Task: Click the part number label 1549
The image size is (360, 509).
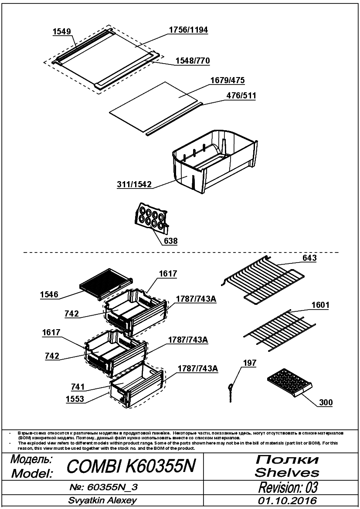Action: [62, 31]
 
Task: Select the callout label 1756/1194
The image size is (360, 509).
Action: [188, 30]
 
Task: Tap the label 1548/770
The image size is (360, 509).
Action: [193, 61]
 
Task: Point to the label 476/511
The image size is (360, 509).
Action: [241, 96]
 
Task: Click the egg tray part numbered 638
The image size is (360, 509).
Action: [151, 218]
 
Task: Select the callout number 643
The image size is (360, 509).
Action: [309, 258]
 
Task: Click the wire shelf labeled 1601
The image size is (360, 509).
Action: [279, 330]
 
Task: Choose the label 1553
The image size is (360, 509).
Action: [75, 399]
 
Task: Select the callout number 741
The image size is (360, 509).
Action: [78, 387]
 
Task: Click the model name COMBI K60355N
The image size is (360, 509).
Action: [131, 466]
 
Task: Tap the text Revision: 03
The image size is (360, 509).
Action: [288, 487]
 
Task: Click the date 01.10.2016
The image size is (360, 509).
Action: [288, 501]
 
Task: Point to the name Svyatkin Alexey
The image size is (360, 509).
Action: [102, 501]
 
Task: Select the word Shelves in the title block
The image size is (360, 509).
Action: [287, 472]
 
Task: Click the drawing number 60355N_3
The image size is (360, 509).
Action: [104, 487]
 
